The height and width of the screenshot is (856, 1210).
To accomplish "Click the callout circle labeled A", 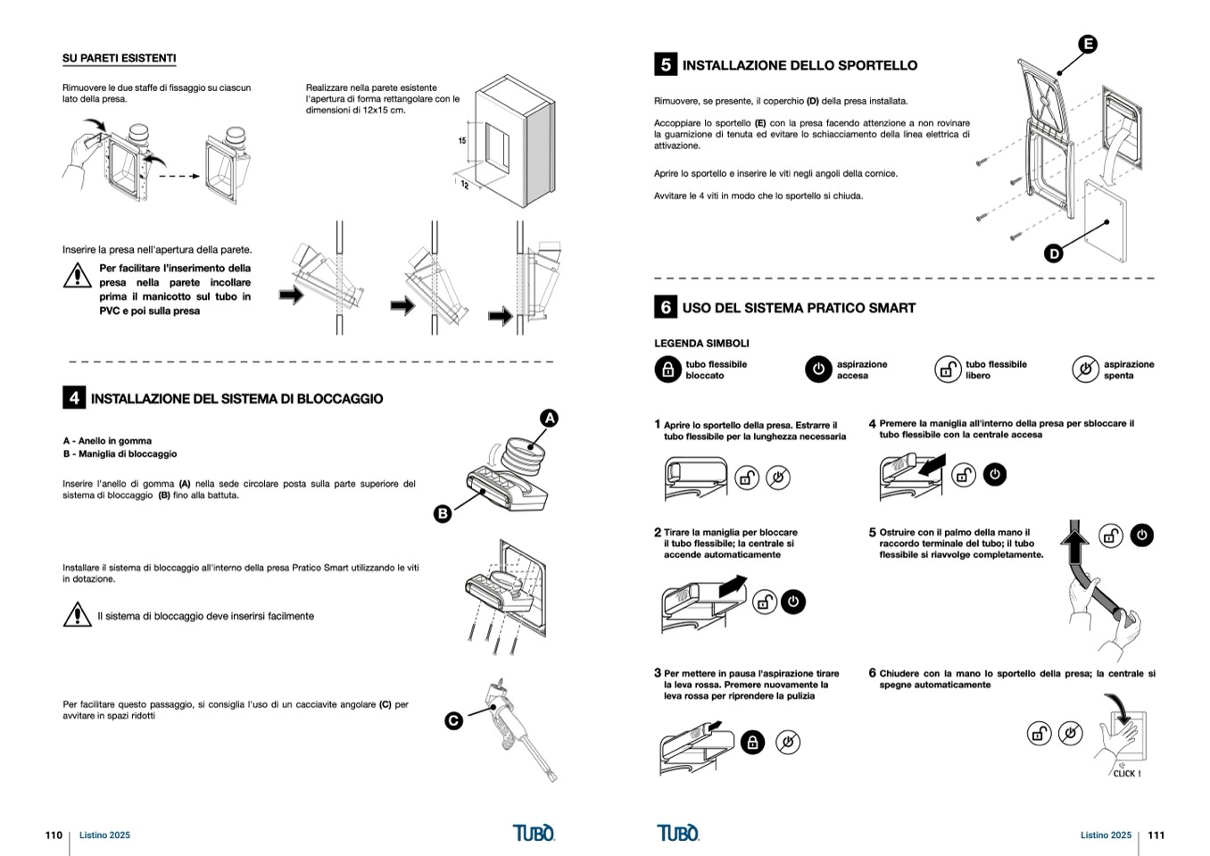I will coord(550,418).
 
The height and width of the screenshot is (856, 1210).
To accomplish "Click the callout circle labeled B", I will coord(442,513).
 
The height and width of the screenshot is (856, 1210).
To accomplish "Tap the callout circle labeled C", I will coord(453,720).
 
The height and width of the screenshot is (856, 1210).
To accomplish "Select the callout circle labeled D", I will coord(1054,253).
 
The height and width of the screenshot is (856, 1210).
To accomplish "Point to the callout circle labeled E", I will coord(1087,44).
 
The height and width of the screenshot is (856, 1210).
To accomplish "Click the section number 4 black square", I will coord(73,398).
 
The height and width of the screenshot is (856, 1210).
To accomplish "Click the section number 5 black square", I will coord(665,64).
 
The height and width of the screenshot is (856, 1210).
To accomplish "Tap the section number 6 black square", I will coord(665,307).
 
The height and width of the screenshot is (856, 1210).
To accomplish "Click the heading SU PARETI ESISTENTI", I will coord(119,59).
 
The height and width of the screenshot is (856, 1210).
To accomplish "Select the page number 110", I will coord(54,835).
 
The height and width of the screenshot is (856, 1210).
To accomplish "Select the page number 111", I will coord(1156,835).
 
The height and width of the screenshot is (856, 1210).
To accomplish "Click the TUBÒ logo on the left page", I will coord(534,833).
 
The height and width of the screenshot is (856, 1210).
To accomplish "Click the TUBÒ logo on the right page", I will coord(678,833).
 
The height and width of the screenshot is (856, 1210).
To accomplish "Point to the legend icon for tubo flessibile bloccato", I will coord(667,370).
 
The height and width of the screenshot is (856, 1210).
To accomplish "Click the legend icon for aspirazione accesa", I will coord(817,370).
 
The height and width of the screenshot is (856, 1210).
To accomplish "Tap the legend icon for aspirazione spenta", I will coord(1085,370).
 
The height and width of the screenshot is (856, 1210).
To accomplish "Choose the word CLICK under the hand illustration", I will coord(1126,774).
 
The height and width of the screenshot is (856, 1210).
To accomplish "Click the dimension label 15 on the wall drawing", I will coord(462,141).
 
